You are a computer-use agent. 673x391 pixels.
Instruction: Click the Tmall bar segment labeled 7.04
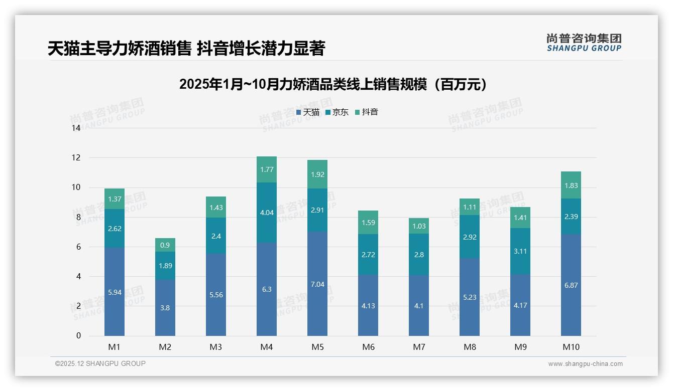[317, 284]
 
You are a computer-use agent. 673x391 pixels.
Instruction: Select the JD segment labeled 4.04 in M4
[267, 213]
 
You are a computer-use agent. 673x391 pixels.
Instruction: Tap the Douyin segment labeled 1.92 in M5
[317, 174]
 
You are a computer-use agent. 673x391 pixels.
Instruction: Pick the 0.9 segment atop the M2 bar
[165, 245]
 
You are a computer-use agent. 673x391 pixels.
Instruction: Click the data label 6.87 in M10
[571, 285]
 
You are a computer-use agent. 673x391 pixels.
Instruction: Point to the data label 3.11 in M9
[520, 251]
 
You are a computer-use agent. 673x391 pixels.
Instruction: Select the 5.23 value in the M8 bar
[470, 297]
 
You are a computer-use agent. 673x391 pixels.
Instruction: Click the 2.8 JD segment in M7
[419, 255]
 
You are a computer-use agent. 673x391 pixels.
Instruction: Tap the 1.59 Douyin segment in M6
[368, 223]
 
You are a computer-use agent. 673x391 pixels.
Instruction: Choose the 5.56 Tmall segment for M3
[216, 295]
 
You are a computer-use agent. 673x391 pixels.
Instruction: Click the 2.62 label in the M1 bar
[115, 229]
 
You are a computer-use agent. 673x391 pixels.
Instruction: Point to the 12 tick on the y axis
[76, 157]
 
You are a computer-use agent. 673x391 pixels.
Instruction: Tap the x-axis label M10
[571, 347]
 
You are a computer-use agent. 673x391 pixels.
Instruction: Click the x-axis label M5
[317, 347]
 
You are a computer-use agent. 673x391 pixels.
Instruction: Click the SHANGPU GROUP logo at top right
[584, 43]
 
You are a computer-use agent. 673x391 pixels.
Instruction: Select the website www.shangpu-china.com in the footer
[585, 364]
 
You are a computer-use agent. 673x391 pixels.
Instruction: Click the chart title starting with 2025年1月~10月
[333, 84]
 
